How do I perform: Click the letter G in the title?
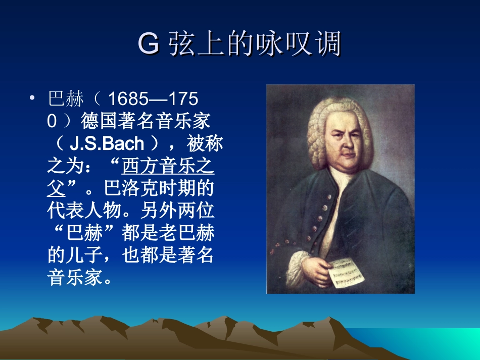point(149,44)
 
